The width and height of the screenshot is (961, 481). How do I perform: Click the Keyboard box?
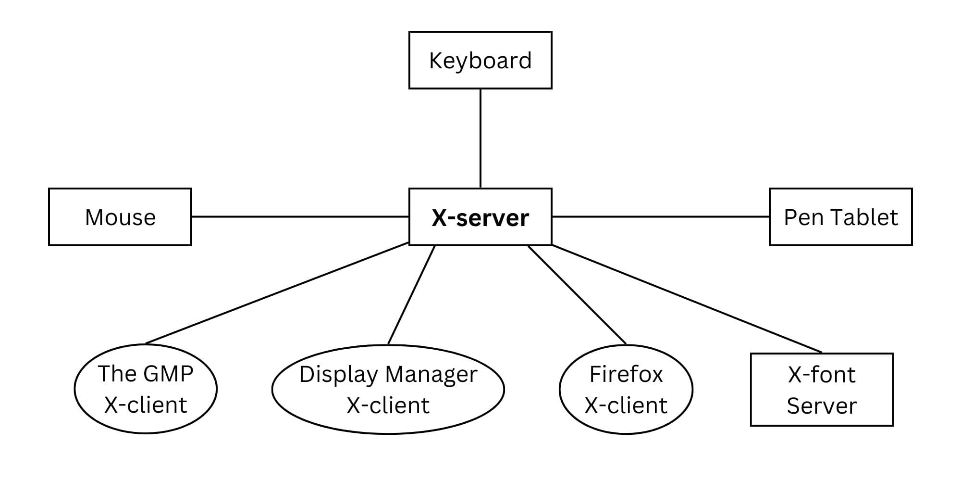pyautogui.click(x=480, y=60)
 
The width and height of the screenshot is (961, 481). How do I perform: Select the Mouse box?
pyautogui.click(x=120, y=217)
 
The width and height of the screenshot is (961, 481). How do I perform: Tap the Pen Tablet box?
pyautogui.click(x=840, y=217)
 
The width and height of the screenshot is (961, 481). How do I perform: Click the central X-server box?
pyautogui.click(x=480, y=217)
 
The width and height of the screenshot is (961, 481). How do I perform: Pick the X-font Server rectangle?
pyautogui.click(x=822, y=390)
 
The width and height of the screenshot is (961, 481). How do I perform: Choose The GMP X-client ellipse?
pyautogui.click(x=146, y=389)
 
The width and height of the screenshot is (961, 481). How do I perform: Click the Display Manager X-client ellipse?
pyautogui.click(x=388, y=389)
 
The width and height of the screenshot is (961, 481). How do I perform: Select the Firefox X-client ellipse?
pyautogui.click(x=626, y=389)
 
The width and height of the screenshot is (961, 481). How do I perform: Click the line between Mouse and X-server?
pyautogui.click(x=300, y=216)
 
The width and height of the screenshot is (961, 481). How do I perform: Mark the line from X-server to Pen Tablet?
pyautogui.click(x=661, y=216)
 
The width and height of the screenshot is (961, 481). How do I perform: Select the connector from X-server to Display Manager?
pyautogui.click(x=411, y=295)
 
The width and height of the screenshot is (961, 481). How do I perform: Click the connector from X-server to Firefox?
pyautogui.click(x=577, y=295)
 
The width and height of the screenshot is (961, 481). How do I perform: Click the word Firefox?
pyautogui.click(x=626, y=374)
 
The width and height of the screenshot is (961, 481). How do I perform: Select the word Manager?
pyautogui.click(x=431, y=374)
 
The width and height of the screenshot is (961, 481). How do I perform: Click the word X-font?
pyautogui.click(x=822, y=375)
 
